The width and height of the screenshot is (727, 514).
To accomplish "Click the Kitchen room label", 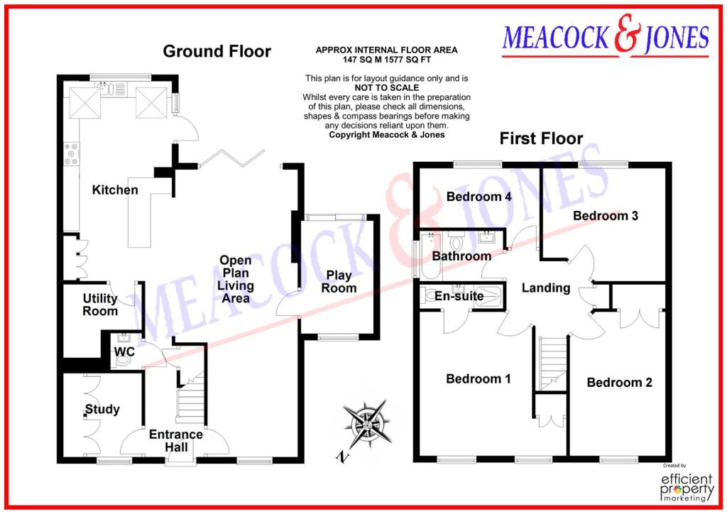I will pyautogui.click(x=114, y=190).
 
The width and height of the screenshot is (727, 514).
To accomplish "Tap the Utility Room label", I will pyautogui.click(x=99, y=305).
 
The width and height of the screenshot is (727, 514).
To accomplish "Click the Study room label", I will pyautogui.click(x=102, y=410).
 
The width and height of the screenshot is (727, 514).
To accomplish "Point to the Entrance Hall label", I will pyautogui.click(x=175, y=440).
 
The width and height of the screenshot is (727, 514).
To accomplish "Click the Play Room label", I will pyautogui.click(x=339, y=282).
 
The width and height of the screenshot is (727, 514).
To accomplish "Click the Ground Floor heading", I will pyautogui.click(x=217, y=51).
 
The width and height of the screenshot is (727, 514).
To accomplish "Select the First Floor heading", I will pyautogui.click(x=541, y=138).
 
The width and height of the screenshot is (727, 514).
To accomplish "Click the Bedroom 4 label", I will pyautogui.click(x=479, y=197).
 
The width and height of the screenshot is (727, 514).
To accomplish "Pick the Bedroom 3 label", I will pyautogui.click(x=606, y=215).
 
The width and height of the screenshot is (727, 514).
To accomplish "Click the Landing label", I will pyautogui.click(x=545, y=288).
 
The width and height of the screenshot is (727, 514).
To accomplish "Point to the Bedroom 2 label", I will pyautogui.click(x=619, y=383).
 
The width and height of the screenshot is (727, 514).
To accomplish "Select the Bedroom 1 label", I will pyautogui.click(x=478, y=379).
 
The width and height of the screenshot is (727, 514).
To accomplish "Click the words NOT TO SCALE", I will pyautogui.click(x=387, y=88).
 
